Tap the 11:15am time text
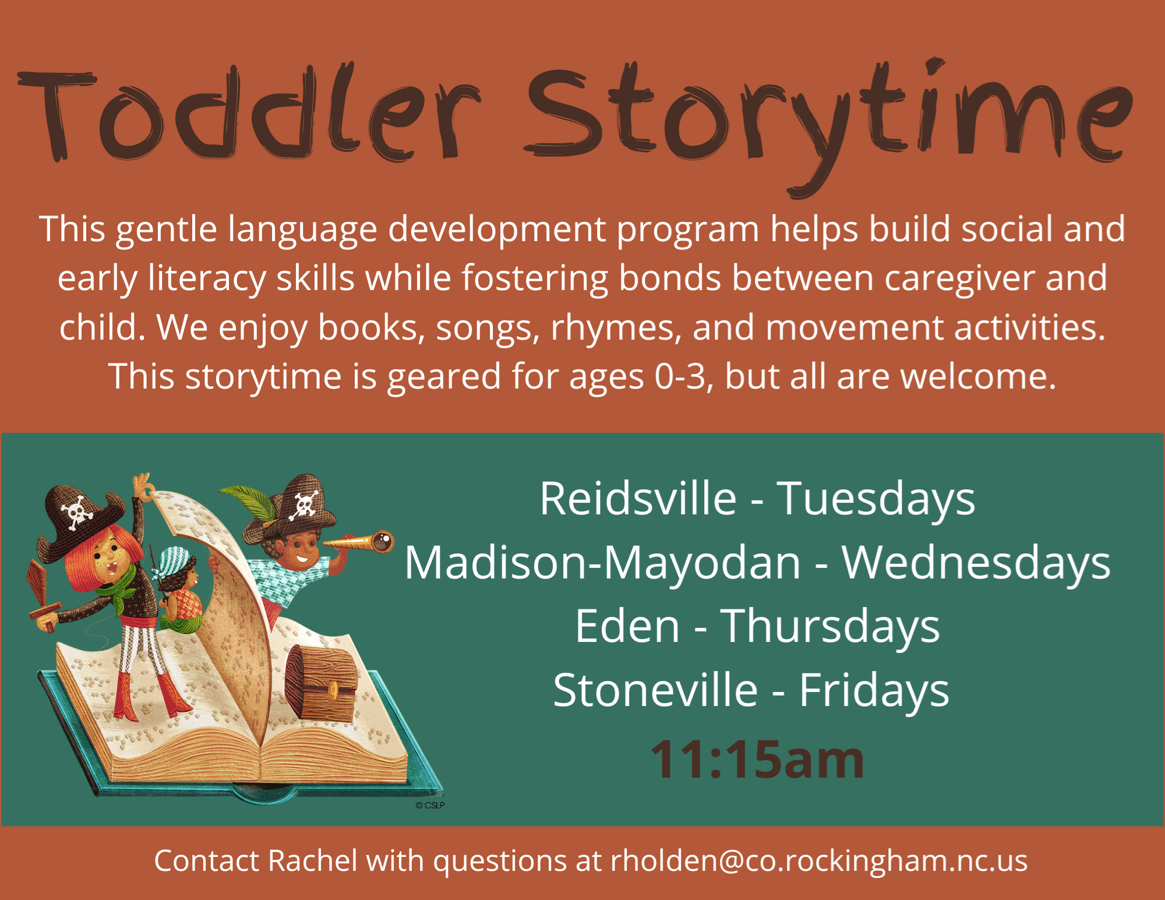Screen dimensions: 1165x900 click(x=757, y=759)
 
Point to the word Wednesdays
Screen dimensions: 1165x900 click(x=976, y=564)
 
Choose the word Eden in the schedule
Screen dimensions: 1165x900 click(x=627, y=626)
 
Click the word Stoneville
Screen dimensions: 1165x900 click(x=655, y=690)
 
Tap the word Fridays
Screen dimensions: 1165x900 click(x=874, y=691)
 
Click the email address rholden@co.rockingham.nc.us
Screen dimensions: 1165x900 click(x=819, y=861)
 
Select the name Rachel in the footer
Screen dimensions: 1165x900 click(x=313, y=860)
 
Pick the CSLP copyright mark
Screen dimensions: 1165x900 click(x=430, y=805)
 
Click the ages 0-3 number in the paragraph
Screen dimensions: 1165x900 click(x=680, y=376)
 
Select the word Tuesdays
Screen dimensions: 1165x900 click(x=876, y=500)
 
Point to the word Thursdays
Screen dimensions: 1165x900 click(x=830, y=627)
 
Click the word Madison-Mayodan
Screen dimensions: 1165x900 click(x=603, y=564)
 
